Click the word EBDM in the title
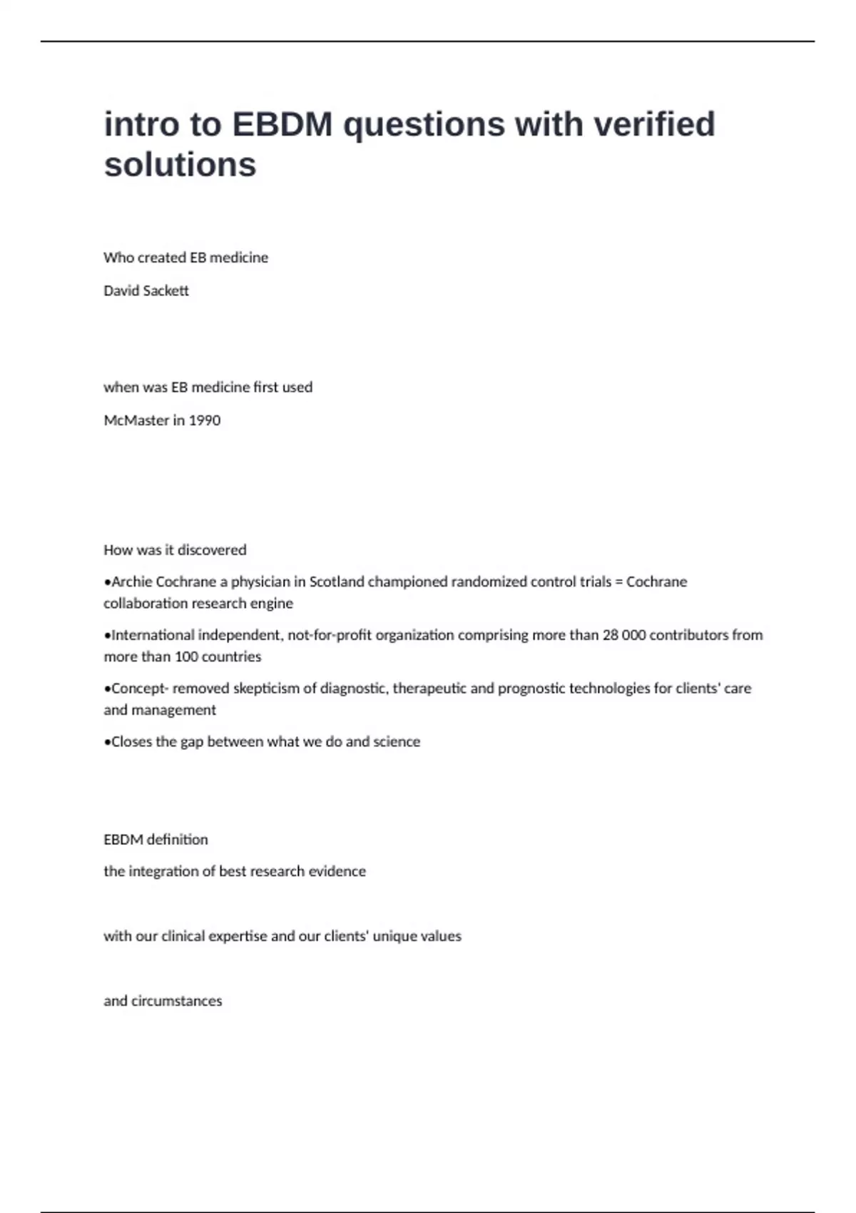282,125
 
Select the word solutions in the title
180,165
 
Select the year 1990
205,420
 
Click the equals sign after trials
618,582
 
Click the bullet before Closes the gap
107,742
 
